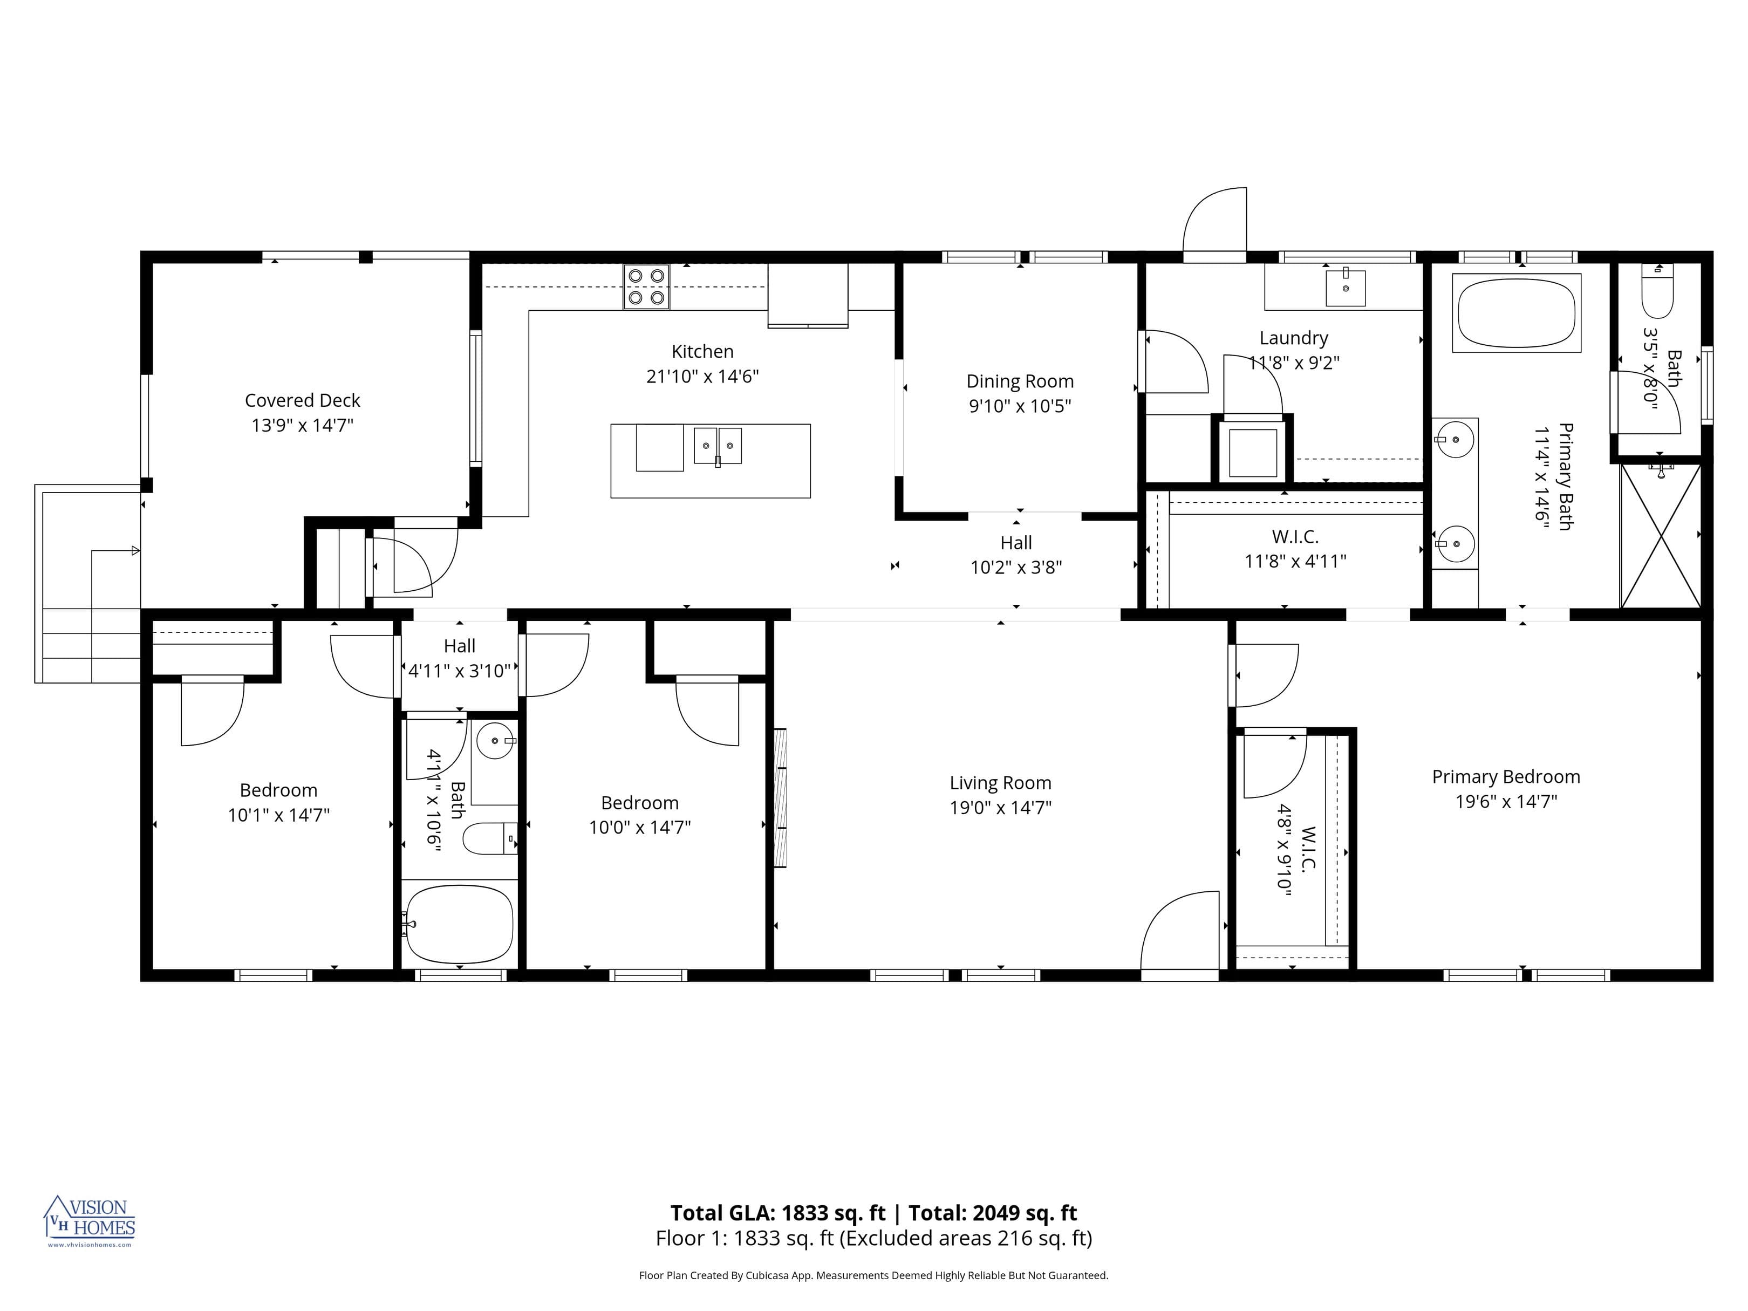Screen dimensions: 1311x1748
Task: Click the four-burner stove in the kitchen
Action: click(x=646, y=286)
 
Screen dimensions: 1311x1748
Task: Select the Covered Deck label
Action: click(x=302, y=401)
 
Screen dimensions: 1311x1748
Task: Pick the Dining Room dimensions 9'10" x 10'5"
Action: click(x=1020, y=406)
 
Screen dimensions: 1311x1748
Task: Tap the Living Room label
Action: click(x=1000, y=783)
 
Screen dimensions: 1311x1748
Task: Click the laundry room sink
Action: click(x=1345, y=286)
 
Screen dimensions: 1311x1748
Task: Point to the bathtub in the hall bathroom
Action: click(x=459, y=924)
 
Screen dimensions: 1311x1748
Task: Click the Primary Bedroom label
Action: click(x=1505, y=777)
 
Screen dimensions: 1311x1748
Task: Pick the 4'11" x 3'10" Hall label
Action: click(x=459, y=658)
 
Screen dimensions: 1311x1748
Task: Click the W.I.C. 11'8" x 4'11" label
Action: click(x=1294, y=549)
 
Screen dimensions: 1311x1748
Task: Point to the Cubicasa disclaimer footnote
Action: click(x=873, y=1275)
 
